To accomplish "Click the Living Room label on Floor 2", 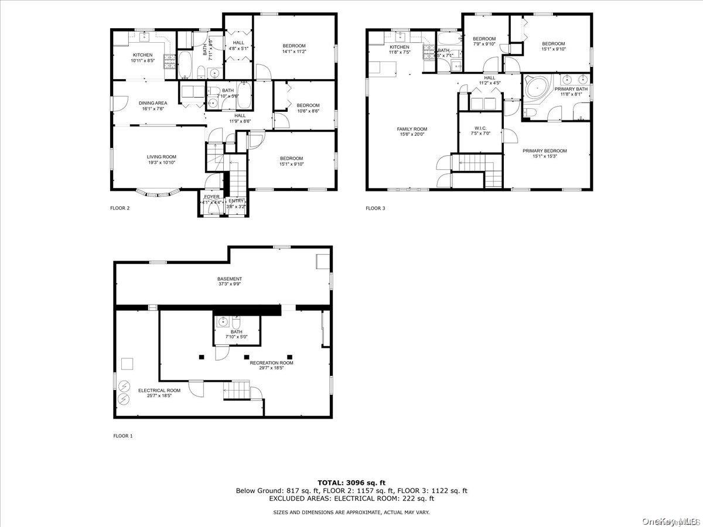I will click(x=161, y=159).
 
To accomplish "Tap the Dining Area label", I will click(x=153, y=105).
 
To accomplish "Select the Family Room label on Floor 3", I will click(x=412, y=131).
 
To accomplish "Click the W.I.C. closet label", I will click(x=480, y=130).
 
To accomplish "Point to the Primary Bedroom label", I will click(x=544, y=153).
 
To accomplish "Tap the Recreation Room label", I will click(x=271, y=365).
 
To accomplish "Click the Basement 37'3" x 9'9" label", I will click(x=229, y=281).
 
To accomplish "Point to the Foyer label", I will click(x=211, y=199).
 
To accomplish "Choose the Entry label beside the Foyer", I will click(x=236, y=203).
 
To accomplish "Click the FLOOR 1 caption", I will click(x=123, y=436).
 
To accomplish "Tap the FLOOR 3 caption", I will click(x=376, y=208).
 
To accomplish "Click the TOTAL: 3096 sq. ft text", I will click(x=351, y=482).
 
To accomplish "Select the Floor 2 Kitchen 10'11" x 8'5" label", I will click(x=142, y=57).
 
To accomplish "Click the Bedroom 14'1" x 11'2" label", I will click(x=294, y=49).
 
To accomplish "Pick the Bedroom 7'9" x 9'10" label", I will click(x=484, y=42).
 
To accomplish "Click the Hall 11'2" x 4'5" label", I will click(x=490, y=80).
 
